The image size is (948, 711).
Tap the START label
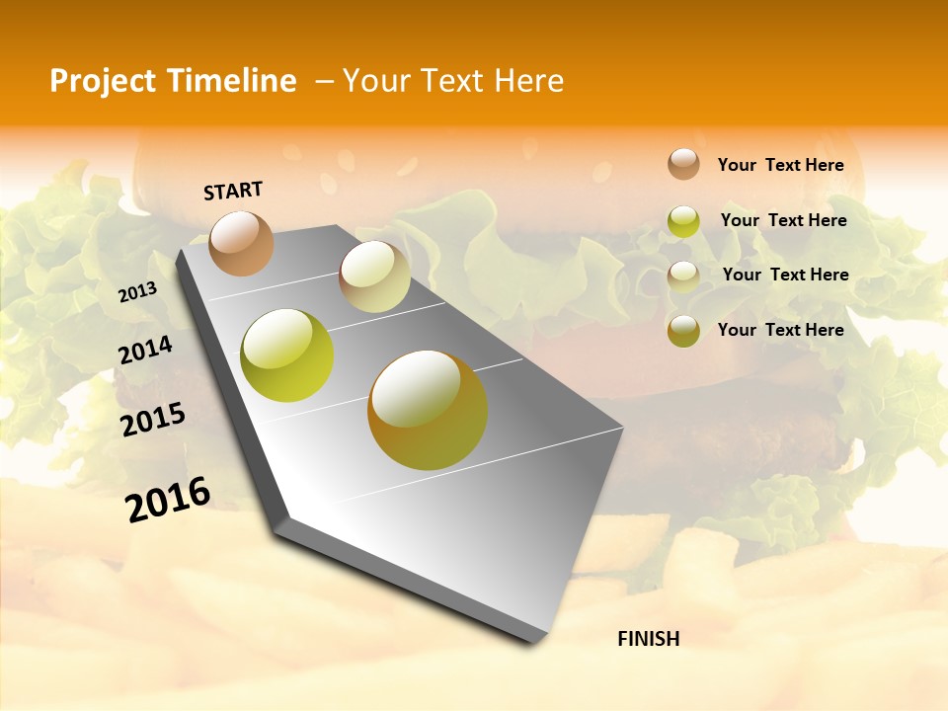coord(233,191)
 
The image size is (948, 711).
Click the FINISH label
coord(648,639)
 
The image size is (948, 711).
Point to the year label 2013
coord(137,292)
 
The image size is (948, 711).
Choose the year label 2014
coord(145,350)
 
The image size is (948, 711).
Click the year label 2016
coord(168,500)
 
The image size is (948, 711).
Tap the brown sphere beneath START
coord(242,243)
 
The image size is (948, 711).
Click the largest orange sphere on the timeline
coord(428,410)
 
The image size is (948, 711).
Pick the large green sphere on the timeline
coord(287,355)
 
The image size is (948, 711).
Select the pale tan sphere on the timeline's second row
coord(374,277)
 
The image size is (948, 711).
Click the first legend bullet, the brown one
coord(683,164)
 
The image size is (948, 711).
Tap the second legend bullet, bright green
coord(683,221)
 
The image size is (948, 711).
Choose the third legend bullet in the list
coord(683,276)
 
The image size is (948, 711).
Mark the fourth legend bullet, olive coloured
coord(683,331)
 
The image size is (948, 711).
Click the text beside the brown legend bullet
coord(780,165)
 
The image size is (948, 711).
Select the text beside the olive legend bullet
coord(780,330)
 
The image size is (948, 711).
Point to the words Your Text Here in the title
coord(453,81)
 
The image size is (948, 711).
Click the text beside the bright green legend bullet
coord(783,220)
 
